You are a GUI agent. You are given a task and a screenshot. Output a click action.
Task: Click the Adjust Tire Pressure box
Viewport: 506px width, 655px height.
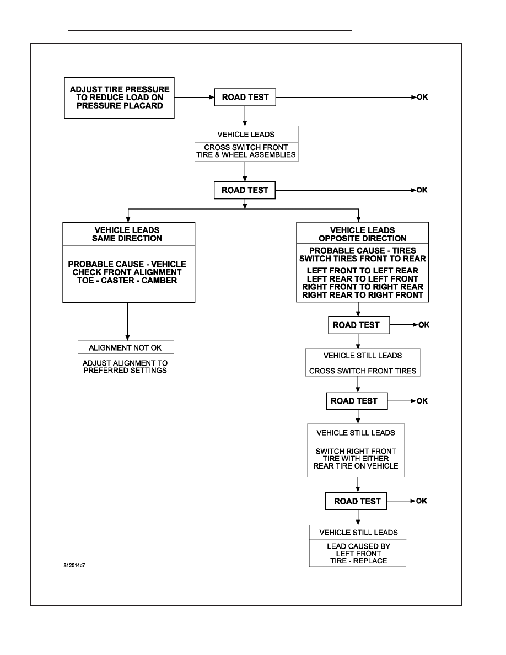coord(119,98)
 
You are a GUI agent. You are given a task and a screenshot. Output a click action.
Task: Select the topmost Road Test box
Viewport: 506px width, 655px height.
coord(245,98)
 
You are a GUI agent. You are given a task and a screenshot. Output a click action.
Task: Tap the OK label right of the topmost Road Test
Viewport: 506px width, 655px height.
coord(422,98)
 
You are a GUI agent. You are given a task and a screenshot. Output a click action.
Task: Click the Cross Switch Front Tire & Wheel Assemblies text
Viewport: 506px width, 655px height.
coord(246,151)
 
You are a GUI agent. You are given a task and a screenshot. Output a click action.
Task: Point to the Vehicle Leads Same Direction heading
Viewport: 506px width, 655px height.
coord(127,234)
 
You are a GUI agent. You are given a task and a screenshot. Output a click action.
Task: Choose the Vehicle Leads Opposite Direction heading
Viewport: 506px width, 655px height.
coord(362,234)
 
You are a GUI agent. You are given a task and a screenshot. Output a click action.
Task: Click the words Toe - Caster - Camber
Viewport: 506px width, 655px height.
coord(127,280)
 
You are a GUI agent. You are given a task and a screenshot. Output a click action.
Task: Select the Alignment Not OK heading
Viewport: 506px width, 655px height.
coord(125,347)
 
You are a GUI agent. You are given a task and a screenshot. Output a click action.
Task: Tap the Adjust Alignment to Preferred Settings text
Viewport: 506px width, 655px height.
coord(125,367)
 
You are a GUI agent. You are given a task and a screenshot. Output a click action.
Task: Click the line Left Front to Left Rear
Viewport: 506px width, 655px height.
coord(362,271)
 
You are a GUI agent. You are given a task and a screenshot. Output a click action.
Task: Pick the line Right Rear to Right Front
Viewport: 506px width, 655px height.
coord(362,295)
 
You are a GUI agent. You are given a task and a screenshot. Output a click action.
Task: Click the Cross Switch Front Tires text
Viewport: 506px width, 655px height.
coord(363,371)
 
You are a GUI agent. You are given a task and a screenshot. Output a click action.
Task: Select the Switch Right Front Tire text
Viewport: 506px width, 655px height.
coord(356,459)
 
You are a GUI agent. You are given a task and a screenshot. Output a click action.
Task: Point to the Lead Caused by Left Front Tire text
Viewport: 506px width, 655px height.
coord(358,554)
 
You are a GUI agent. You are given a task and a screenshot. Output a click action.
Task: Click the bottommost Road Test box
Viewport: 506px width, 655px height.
coord(356,501)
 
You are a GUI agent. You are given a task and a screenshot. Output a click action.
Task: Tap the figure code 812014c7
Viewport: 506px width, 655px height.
coord(74,566)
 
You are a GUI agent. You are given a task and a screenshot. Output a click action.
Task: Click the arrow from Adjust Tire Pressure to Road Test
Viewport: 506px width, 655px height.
coord(195,98)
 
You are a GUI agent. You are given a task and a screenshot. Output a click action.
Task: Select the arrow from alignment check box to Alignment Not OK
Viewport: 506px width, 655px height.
coord(127,321)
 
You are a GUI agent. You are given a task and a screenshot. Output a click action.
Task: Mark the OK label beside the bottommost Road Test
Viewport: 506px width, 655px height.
coord(421,501)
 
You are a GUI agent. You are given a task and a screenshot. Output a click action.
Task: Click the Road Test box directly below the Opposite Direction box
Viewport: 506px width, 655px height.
coord(359,325)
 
